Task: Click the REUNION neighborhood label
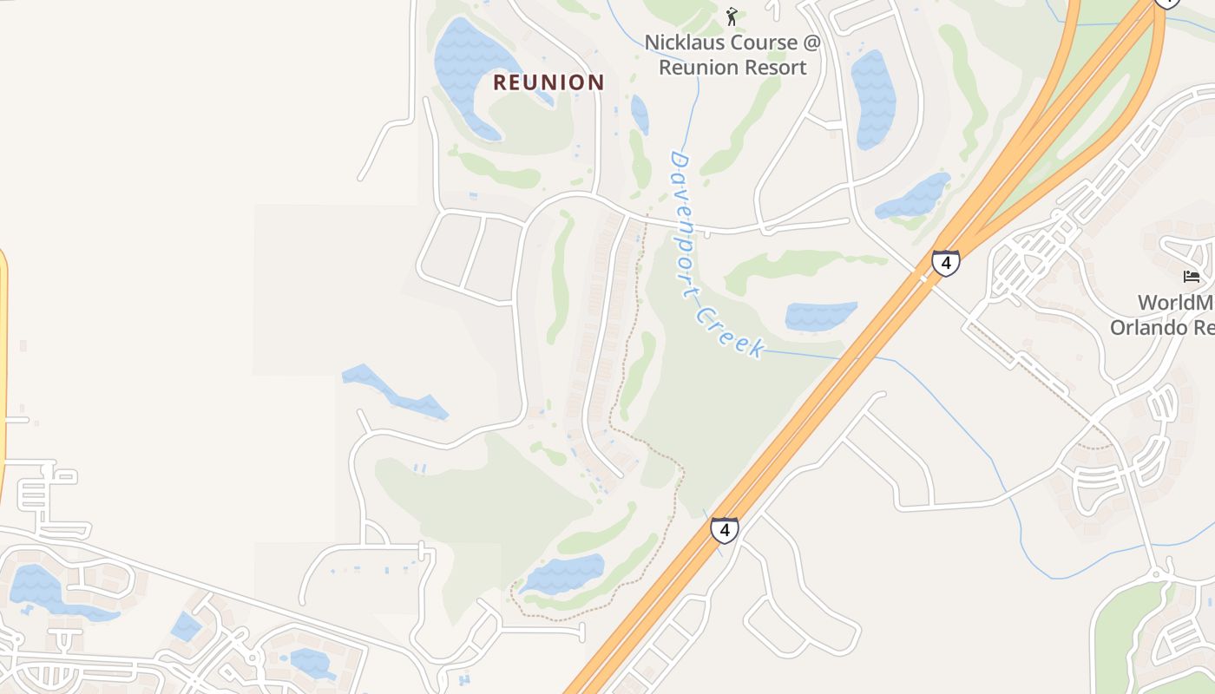tap(548, 82)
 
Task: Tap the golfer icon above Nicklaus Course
tap(732, 16)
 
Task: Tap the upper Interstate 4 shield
tap(945, 262)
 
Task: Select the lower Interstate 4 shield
tap(725, 529)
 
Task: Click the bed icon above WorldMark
tap(1192, 277)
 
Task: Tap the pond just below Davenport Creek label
tap(820, 316)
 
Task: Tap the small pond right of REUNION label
tap(640, 114)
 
